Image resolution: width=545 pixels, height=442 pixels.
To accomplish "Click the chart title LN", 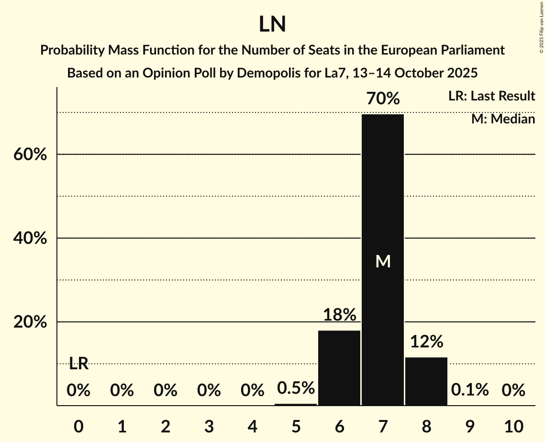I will pos(272,24).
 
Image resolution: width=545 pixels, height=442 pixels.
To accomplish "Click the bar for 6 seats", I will pos(339,368).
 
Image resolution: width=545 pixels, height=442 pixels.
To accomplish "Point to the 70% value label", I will pos(383,99).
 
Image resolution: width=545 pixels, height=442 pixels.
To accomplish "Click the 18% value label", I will pos(339,315).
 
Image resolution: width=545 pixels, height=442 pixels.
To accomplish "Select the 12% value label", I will pos(426,342).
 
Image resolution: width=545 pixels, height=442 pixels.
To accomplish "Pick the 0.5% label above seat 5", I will pos(296,388).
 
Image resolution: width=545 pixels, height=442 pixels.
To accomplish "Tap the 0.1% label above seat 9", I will pos(470,390).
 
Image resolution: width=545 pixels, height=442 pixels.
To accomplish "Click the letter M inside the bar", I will pos(383,261).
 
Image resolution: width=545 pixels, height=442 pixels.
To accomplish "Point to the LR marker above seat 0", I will pos(78,364).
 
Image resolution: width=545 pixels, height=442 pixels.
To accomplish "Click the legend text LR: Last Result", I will pos(491,96).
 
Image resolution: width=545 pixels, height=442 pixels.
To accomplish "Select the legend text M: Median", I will pos(503,119).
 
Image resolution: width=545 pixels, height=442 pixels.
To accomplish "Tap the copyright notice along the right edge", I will pos(541,27).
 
